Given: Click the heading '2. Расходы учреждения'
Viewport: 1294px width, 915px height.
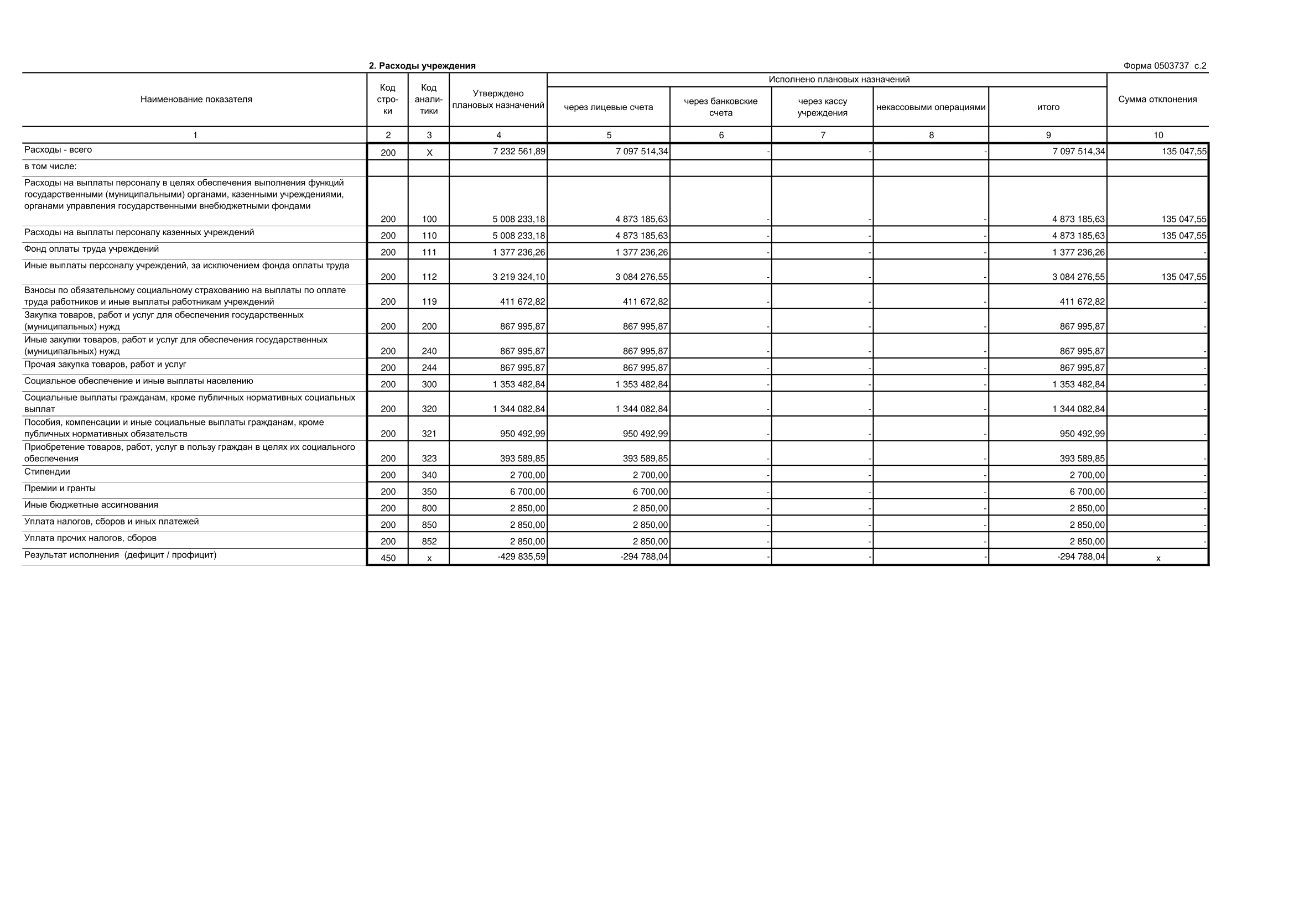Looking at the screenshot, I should point(422,66).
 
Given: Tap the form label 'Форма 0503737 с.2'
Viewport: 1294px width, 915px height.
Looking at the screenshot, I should point(1165,66).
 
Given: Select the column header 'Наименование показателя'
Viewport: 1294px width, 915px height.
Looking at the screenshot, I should point(196,99).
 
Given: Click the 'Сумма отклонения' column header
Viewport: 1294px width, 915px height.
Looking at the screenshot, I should point(1157,99).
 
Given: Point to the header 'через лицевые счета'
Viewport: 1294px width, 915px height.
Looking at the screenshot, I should point(608,107).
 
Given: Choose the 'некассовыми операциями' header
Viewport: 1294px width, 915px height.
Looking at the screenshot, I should point(931,107).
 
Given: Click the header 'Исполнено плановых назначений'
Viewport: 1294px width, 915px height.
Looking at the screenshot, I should point(839,80).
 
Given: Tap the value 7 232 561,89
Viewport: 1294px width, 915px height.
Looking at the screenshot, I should point(518,152).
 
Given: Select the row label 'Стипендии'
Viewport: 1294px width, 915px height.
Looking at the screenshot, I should point(48,471).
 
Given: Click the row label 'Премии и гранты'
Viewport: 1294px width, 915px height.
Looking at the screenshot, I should point(60,488).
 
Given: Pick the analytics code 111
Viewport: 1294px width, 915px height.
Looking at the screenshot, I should point(429,252).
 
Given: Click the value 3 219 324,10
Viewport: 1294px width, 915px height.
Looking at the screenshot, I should point(518,277).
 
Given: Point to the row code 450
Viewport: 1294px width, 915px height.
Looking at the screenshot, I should point(388,558).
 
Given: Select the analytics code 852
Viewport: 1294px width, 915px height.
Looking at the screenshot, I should point(429,542).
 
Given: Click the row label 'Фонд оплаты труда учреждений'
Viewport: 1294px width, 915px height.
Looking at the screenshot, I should point(91,248).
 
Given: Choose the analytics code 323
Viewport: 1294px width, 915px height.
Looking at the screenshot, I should point(429,459).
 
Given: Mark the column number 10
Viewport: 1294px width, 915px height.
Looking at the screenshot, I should point(1157,135).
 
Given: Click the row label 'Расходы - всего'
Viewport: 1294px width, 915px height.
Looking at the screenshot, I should point(58,150).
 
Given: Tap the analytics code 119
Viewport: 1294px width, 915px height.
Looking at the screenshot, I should point(429,302).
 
